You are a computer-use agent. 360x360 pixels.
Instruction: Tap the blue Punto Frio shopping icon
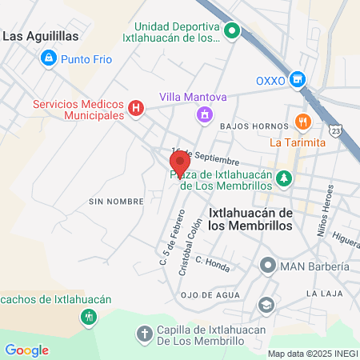49,58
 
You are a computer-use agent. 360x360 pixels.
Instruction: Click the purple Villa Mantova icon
205,115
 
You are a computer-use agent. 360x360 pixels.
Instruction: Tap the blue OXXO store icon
298,79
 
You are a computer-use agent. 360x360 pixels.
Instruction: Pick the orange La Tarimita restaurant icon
302,122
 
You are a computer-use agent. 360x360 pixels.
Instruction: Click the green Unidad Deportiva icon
233,32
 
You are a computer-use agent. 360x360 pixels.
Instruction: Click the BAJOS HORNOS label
255,127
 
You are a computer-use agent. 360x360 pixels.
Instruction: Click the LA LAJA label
324,294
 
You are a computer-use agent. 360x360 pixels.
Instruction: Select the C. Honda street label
213,263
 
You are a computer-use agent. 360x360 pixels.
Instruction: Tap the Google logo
26,350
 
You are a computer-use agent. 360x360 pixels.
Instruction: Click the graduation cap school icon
265,305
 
